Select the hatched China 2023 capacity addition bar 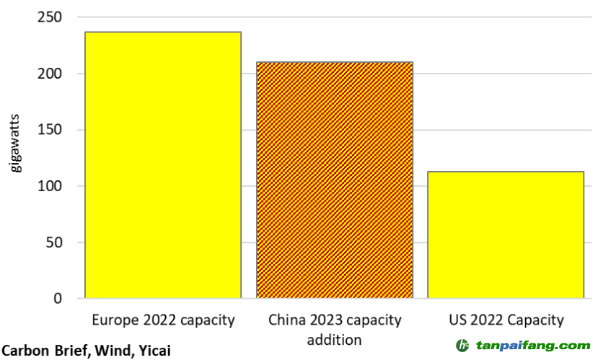click(x=335, y=180)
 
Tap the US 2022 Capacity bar click(x=505, y=234)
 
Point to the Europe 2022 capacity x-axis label click(x=163, y=320)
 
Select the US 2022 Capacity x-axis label click(x=505, y=320)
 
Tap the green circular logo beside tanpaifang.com click(x=462, y=346)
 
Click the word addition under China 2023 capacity click(x=335, y=339)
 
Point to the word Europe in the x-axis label click(x=113, y=320)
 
